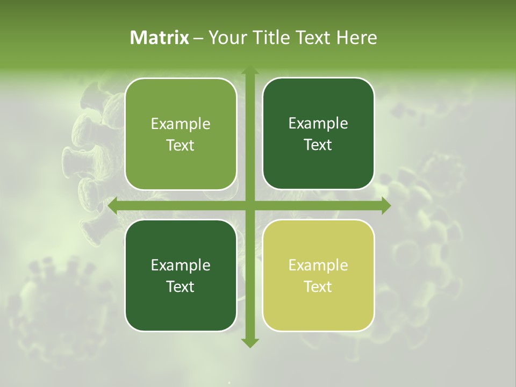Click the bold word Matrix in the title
(x=160, y=38)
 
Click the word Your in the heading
(x=225, y=38)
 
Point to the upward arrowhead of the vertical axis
(x=249, y=71)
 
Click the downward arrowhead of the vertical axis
(x=249, y=342)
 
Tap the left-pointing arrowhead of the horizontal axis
(x=113, y=206)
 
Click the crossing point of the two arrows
(x=249, y=206)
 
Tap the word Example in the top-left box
(x=181, y=124)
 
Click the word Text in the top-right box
(x=318, y=145)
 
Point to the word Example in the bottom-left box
(x=181, y=266)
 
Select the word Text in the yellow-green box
(x=318, y=287)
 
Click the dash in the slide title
(x=198, y=38)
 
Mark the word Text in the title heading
(x=311, y=38)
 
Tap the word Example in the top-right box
(x=318, y=124)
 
